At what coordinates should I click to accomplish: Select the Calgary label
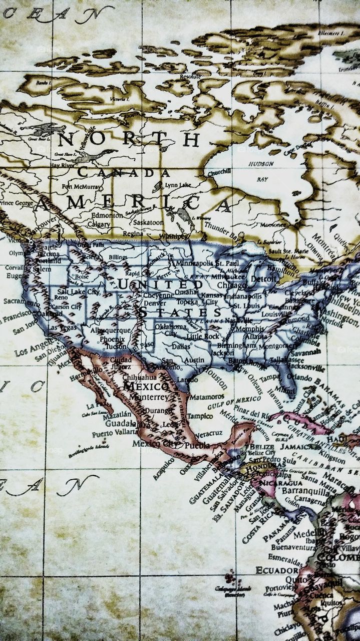point(98,224)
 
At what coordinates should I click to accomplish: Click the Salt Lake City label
point(78,291)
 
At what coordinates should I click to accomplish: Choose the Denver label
point(155,303)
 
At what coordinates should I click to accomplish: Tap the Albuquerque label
point(110,331)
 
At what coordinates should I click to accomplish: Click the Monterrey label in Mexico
point(149,397)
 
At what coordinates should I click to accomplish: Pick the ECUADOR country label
point(277,570)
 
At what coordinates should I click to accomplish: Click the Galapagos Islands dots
point(231,578)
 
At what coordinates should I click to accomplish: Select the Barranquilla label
point(303,491)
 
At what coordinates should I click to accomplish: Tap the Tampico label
point(200,416)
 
